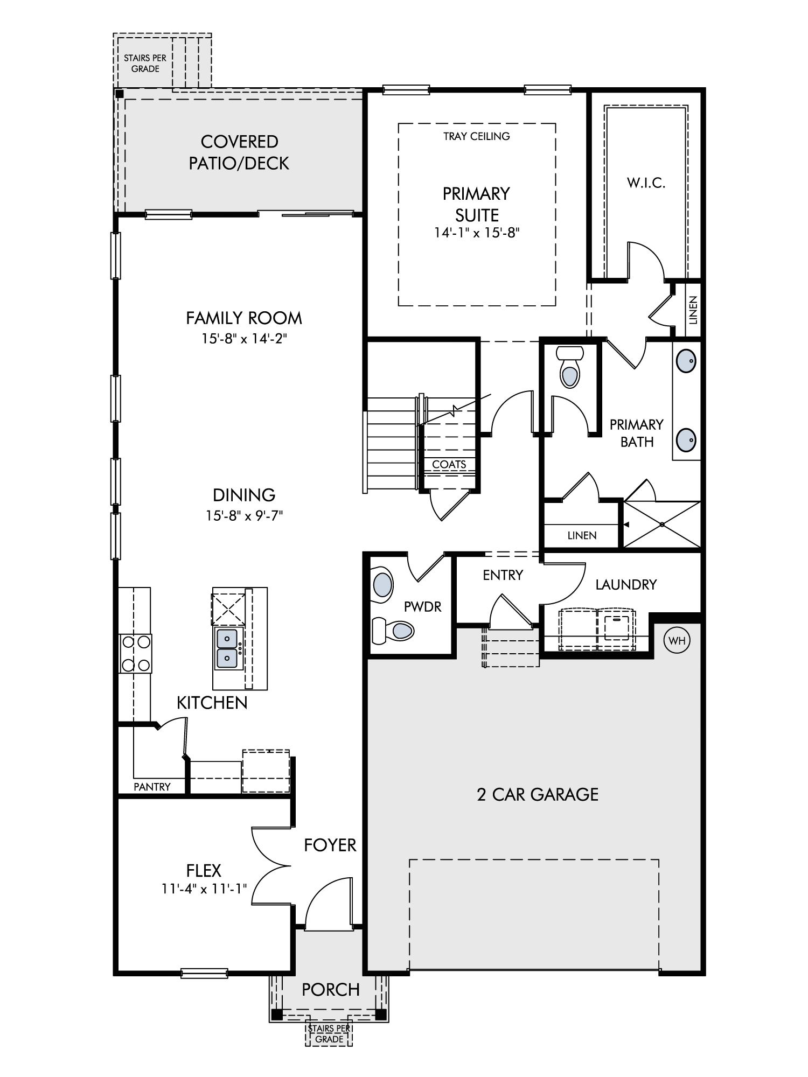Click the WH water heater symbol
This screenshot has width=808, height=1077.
click(x=677, y=640)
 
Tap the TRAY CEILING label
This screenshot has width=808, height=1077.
click(x=477, y=136)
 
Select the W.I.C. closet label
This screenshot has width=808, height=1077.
click(x=646, y=183)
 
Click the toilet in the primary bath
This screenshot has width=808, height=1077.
click(x=570, y=367)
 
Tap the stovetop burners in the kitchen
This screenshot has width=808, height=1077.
click(x=135, y=653)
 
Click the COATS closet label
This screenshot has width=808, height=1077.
click(x=449, y=464)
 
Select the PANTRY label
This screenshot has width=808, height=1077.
click(x=152, y=787)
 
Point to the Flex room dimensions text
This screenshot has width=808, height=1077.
click(x=204, y=888)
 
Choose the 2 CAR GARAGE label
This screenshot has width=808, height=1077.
click(x=538, y=794)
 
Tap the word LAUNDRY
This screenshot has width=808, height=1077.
click(x=626, y=584)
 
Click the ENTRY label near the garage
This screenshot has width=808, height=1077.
click(x=503, y=575)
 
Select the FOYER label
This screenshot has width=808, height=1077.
click(x=330, y=845)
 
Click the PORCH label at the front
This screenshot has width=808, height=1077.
click(x=331, y=989)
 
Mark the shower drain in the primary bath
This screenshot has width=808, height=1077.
click(x=662, y=524)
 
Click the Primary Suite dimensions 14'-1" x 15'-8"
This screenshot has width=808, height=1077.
click(x=477, y=233)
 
